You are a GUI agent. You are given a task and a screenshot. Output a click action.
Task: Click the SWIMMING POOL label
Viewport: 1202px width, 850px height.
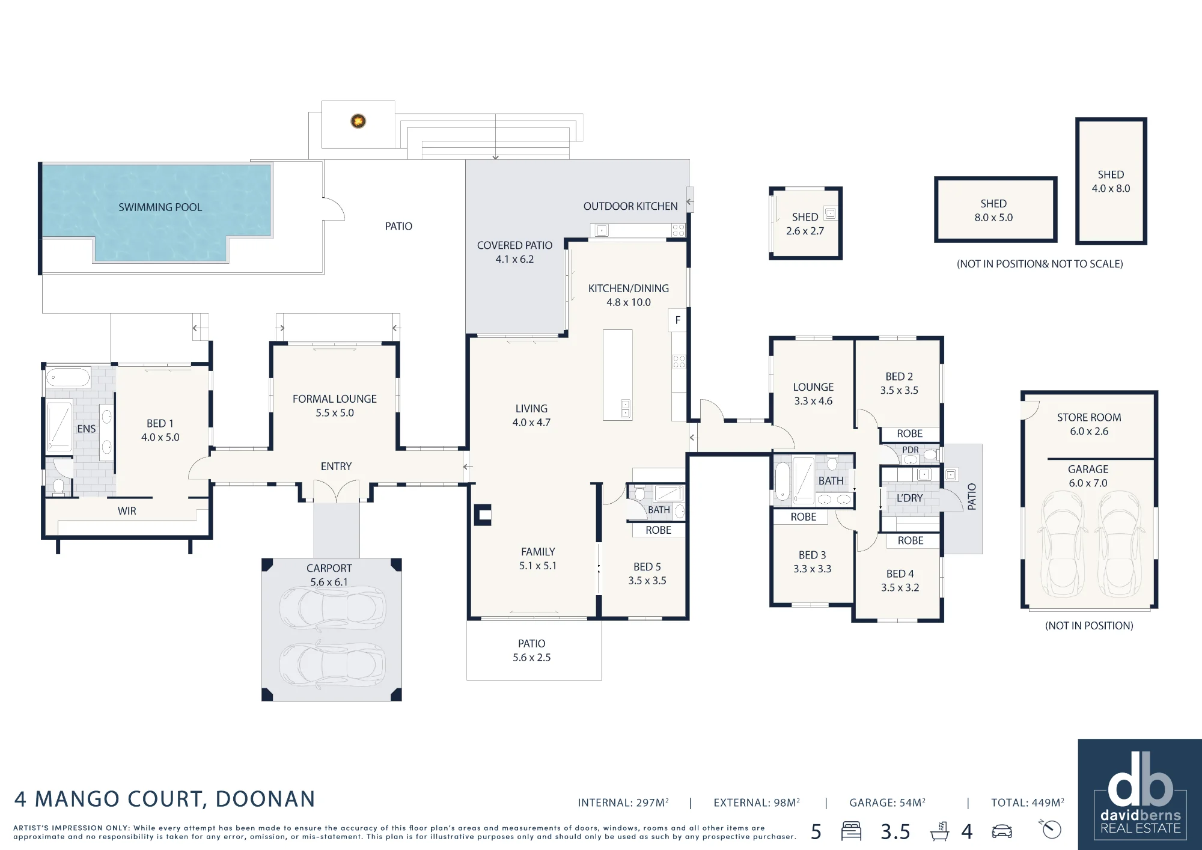pos(160,207)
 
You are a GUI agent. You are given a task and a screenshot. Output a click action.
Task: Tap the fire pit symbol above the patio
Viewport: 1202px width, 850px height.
pos(358,121)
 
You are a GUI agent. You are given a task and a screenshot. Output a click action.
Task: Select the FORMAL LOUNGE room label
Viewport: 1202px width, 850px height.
pos(335,399)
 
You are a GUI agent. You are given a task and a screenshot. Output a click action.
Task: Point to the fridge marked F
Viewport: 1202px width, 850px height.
pos(678,320)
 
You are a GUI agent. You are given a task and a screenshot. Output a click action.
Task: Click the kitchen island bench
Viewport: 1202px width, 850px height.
pos(618,375)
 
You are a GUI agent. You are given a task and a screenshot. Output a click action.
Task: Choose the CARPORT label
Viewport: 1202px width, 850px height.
pos(329,568)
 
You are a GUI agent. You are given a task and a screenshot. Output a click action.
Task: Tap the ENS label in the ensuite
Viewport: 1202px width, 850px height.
pos(87,429)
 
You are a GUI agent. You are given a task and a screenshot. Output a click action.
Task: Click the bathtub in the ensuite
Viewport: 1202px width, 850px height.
pos(68,378)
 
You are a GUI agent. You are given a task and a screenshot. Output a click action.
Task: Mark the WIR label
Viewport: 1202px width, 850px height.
pos(127,511)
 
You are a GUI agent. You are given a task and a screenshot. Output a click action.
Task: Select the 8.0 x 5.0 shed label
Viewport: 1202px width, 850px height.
pos(993,211)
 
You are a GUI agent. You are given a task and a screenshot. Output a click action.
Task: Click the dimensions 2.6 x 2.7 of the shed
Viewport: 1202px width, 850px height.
pos(805,231)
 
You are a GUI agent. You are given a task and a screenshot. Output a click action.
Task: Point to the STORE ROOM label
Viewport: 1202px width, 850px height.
pos(1089,417)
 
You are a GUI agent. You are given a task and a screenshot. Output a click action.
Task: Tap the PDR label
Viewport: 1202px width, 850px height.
pos(911,450)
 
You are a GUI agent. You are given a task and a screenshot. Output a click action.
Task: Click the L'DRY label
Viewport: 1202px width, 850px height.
pos(909,498)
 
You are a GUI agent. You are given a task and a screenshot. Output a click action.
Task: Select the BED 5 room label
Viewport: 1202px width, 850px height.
pos(647,567)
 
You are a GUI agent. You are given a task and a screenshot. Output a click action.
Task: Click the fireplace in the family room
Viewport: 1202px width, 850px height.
pos(483,515)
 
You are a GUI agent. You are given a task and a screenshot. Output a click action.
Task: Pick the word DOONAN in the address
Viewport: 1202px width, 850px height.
pos(265,800)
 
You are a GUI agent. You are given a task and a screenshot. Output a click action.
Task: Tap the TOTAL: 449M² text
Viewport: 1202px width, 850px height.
pos(1028,803)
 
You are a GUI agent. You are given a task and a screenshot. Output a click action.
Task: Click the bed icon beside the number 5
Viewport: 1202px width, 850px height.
pos(851,831)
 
